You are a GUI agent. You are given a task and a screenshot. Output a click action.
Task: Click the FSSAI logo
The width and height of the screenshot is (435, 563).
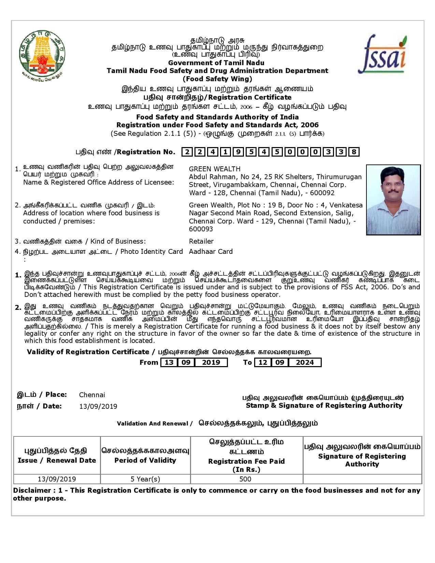coord(382,55)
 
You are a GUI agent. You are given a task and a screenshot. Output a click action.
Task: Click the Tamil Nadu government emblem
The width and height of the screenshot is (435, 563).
coord(43,54)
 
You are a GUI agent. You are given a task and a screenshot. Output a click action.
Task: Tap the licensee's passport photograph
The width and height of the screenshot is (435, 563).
coord(393,200)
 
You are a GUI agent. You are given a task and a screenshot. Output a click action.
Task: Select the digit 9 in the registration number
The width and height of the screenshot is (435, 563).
coord(238,152)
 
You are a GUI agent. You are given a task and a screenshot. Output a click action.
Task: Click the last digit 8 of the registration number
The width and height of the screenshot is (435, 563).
coord(354,152)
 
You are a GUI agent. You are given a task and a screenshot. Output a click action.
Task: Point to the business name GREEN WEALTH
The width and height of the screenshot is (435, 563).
coord(215,169)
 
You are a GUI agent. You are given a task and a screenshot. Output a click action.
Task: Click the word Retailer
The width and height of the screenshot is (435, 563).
coord(201,241)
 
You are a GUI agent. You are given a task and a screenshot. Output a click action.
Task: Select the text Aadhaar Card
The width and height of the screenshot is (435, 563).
coord(211,251)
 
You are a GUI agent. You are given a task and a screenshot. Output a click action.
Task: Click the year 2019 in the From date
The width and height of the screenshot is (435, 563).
coord(211,362)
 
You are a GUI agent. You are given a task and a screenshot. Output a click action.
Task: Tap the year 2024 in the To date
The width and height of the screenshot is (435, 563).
coord(305,362)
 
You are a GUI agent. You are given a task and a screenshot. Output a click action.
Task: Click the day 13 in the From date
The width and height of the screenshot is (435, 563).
coord(169,362)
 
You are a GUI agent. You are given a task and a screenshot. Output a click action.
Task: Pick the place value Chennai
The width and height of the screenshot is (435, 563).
coord(92,395)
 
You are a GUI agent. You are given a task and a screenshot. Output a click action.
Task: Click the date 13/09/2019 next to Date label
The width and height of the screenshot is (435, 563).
coord(98,406)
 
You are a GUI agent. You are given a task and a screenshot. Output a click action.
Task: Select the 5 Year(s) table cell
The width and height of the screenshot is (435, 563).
coord(145,479)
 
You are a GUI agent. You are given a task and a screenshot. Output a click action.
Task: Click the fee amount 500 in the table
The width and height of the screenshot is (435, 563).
coord(245,479)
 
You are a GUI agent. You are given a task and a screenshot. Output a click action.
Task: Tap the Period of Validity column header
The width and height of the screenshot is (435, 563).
coord(145,460)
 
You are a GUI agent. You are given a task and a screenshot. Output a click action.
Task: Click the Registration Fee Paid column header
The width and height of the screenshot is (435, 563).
coord(246,461)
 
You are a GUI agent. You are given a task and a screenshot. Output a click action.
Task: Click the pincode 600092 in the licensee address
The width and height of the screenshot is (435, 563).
coord(322,193)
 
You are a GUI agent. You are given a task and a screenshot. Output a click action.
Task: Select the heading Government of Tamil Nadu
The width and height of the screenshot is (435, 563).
coord(216,63)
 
